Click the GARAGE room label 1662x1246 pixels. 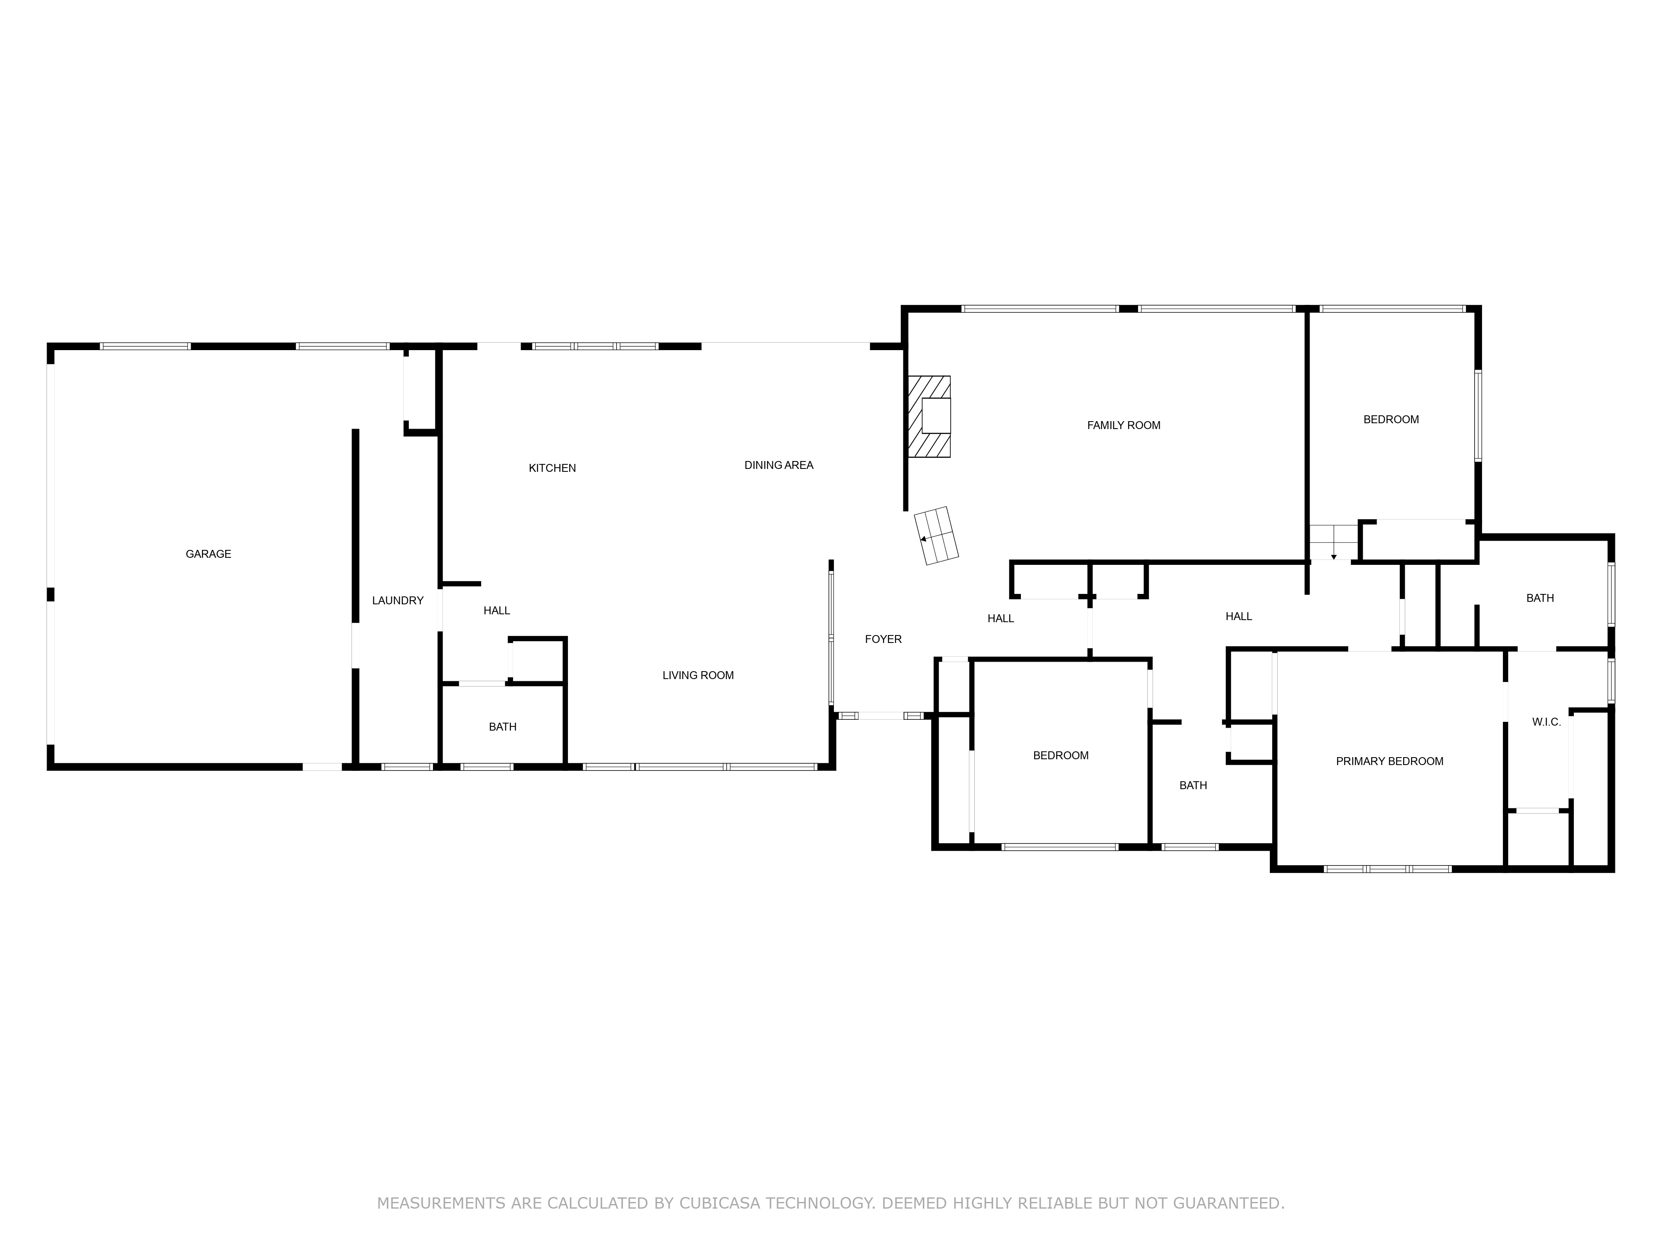click(208, 554)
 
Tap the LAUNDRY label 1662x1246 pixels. click(398, 601)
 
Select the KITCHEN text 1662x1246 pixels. click(552, 468)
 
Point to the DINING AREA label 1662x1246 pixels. click(778, 465)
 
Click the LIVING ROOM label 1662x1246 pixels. click(697, 675)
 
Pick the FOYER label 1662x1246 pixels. click(883, 639)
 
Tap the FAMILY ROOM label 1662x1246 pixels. click(1123, 425)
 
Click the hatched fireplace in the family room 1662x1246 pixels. click(929, 417)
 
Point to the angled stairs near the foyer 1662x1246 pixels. click(936, 535)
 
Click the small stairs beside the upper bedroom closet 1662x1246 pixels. click(1333, 542)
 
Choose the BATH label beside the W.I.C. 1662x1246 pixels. click(1539, 598)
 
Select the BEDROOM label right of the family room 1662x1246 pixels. click(1391, 420)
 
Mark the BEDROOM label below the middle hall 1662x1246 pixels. click(1060, 755)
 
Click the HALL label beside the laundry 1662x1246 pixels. click(497, 611)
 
